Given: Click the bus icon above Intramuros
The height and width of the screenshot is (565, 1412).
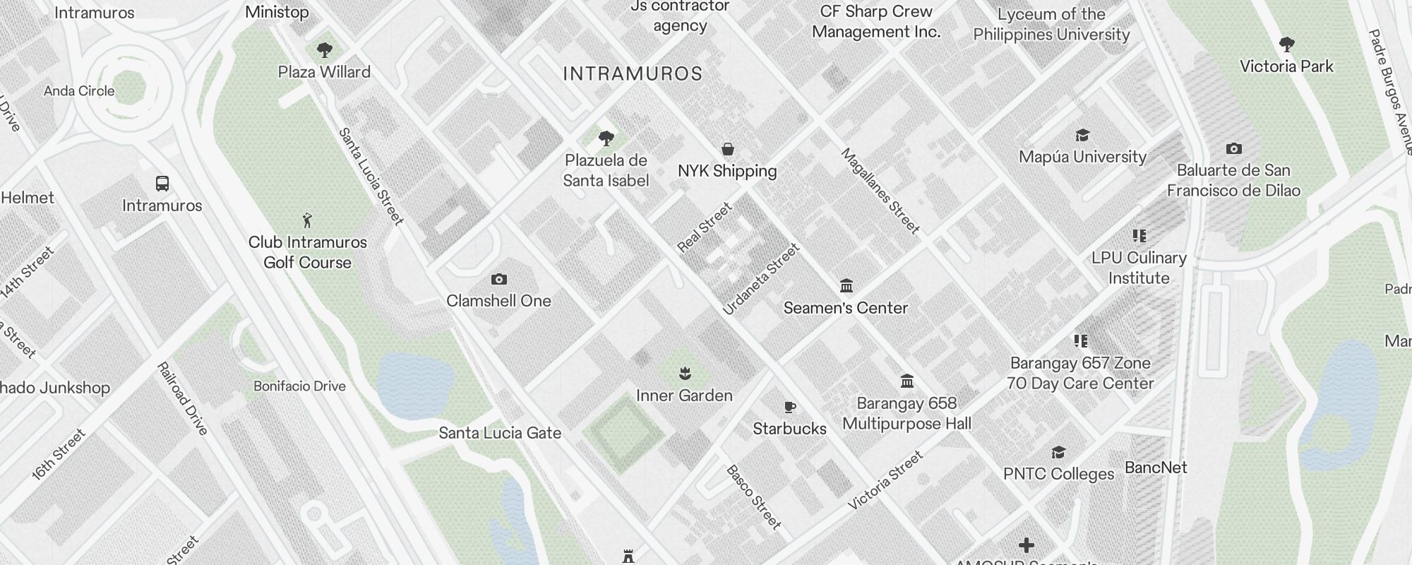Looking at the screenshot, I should click(162, 184).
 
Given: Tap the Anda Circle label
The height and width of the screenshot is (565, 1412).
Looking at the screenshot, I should click(79, 91).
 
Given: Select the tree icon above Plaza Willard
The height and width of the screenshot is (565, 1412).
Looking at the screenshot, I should click(324, 50).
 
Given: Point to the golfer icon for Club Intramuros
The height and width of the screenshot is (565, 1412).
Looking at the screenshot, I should click(306, 220).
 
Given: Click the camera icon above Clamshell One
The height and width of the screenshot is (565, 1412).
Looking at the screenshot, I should click(498, 280).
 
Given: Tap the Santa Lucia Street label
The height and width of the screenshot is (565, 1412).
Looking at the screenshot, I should click(371, 177).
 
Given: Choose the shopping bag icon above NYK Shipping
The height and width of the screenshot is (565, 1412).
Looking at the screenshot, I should click(727, 149).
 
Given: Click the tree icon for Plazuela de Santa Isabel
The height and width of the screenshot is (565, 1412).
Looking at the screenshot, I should click(606, 138).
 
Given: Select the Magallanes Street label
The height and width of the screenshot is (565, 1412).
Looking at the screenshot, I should click(880, 191).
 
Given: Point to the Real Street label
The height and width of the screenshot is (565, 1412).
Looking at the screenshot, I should click(705, 227).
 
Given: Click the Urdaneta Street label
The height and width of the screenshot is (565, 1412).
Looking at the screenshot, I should click(761, 279).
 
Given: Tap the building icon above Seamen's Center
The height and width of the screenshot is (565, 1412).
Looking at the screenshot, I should click(846, 286).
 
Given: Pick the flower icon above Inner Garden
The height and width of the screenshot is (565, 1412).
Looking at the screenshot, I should click(684, 373).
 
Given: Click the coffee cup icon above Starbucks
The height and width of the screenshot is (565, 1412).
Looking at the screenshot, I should click(790, 407).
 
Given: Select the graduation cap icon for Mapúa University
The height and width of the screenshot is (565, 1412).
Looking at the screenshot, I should click(1082, 136).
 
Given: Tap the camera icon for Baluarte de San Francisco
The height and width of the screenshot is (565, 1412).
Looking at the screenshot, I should click(1233, 149).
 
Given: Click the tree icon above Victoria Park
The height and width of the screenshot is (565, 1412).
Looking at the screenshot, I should click(1286, 44).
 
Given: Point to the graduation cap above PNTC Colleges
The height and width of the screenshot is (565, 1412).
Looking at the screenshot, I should click(1058, 452).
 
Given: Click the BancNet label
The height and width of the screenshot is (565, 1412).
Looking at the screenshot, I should click(1156, 468).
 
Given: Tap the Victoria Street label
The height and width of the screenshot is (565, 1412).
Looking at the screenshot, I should click(885, 480).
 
